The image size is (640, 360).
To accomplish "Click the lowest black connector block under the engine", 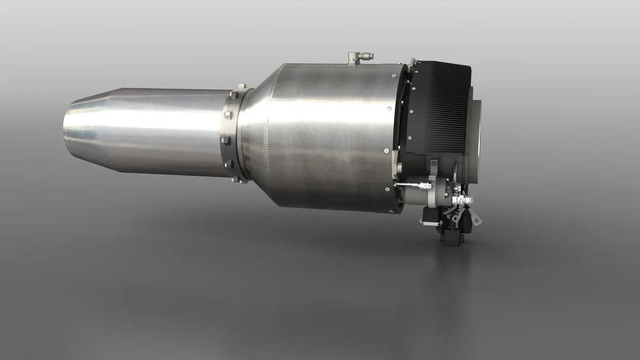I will [x=452, y=238].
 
